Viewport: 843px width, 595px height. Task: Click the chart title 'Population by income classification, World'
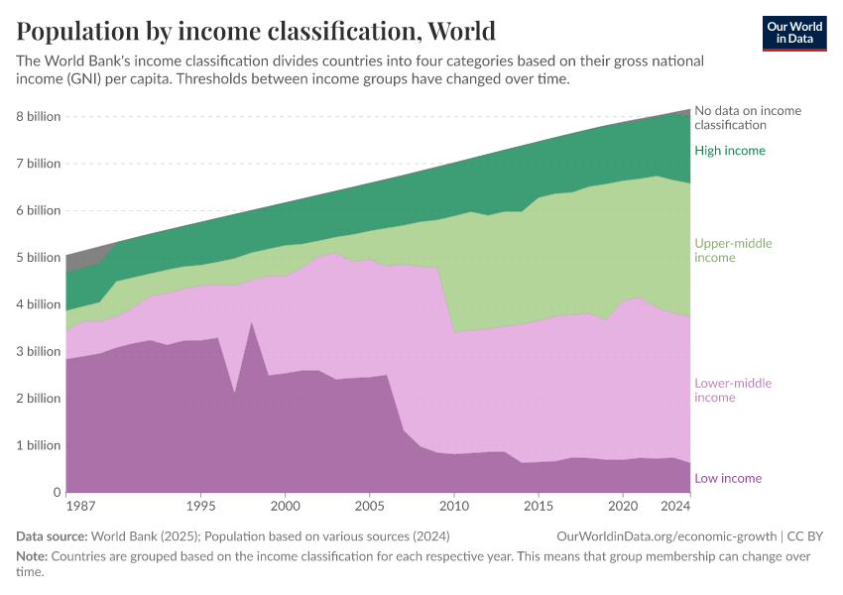click(x=256, y=31)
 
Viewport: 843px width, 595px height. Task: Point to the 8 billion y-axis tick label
click(x=38, y=117)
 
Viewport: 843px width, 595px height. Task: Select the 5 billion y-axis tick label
click(x=38, y=258)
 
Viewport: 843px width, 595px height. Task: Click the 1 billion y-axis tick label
click(x=38, y=446)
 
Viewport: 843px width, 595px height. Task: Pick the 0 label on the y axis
click(x=57, y=493)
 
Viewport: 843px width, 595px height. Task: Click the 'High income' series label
click(x=730, y=151)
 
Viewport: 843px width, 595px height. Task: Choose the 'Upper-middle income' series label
click(x=733, y=251)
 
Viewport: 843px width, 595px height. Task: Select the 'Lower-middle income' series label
click(x=733, y=391)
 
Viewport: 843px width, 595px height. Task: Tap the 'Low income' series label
click(x=728, y=479)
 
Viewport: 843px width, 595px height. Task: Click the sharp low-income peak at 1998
click(x=252, y=322)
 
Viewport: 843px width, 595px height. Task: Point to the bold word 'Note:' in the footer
click(x=34, y=556)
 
